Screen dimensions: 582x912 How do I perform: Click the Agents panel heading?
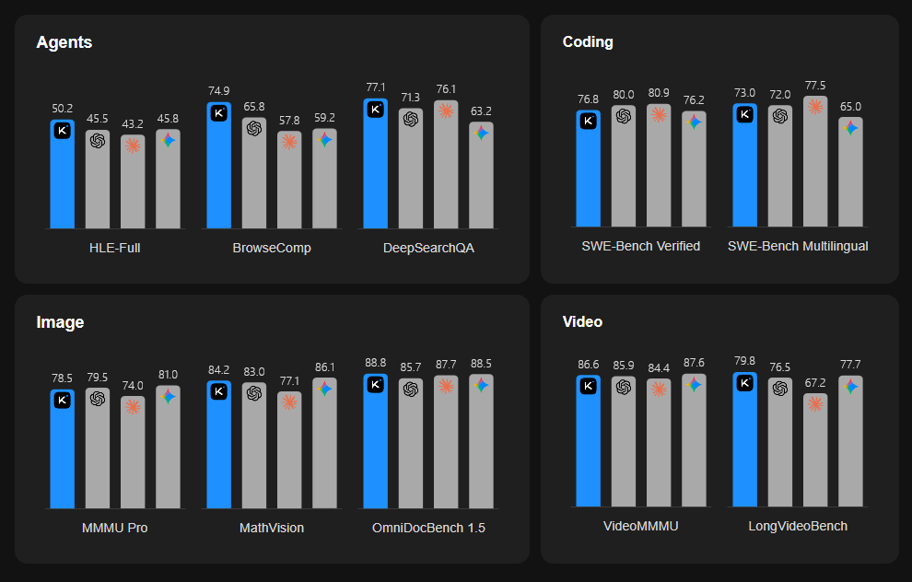tap(64, 42)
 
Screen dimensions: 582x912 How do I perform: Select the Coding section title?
tap(588, 41)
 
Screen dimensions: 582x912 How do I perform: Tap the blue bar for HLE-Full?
tap(62, 175)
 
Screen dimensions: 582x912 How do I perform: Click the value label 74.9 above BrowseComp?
tap(218, 90)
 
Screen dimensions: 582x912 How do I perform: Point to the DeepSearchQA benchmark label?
tap(428, 248)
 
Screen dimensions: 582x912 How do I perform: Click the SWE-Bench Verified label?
tap(640, 246)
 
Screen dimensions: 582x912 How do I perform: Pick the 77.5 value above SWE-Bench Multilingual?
tap(814, 85)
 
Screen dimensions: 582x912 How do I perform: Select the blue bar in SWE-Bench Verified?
tap(588, 170)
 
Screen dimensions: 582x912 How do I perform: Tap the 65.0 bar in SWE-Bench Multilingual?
tap(850, 173)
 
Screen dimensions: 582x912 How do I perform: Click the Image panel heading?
tap(60, 322)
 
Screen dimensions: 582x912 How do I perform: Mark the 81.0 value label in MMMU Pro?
tap(168, 374)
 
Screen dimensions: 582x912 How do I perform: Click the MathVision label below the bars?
tap(272, 528)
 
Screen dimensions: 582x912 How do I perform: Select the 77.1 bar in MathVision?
tap(289, 451)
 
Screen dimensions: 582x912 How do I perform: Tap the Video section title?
tap(582, 321)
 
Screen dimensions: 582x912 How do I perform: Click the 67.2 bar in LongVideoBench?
tap(815, 451)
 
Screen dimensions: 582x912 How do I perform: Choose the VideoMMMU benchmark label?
tap(640, 526)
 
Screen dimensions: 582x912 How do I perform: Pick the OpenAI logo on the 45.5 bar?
tap(98, 140)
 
